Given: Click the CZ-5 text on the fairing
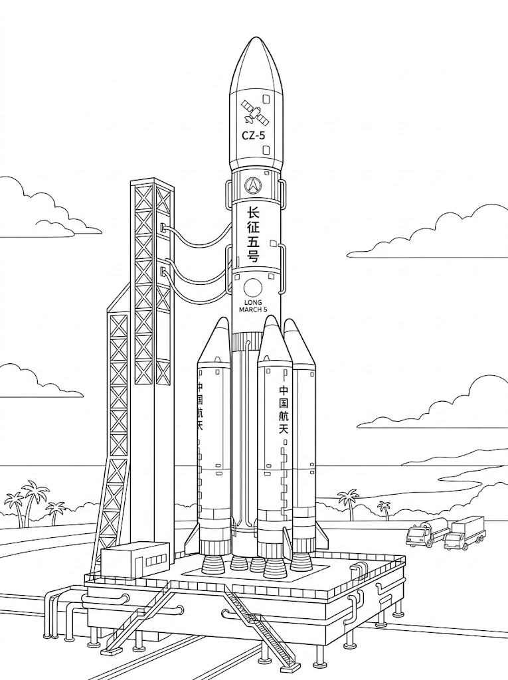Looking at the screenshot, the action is pos(254,135).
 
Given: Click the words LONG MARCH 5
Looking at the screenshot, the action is pos(254,305).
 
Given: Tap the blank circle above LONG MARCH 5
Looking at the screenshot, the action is pos(254,288).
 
